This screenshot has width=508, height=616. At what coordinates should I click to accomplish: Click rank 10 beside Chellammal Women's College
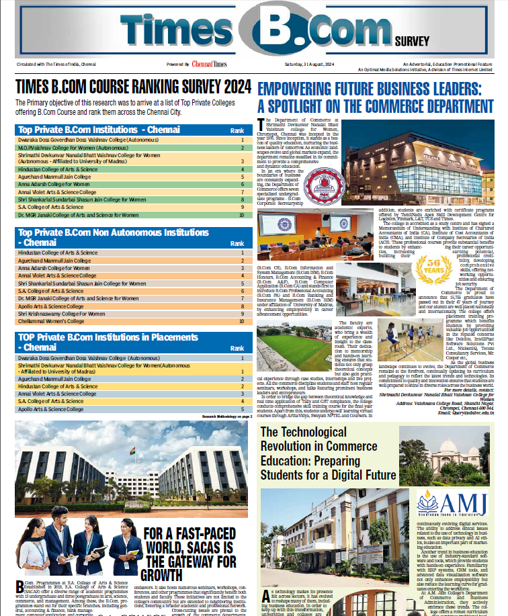(241, 322)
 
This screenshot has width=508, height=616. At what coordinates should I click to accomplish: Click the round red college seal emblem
(321, 187)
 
